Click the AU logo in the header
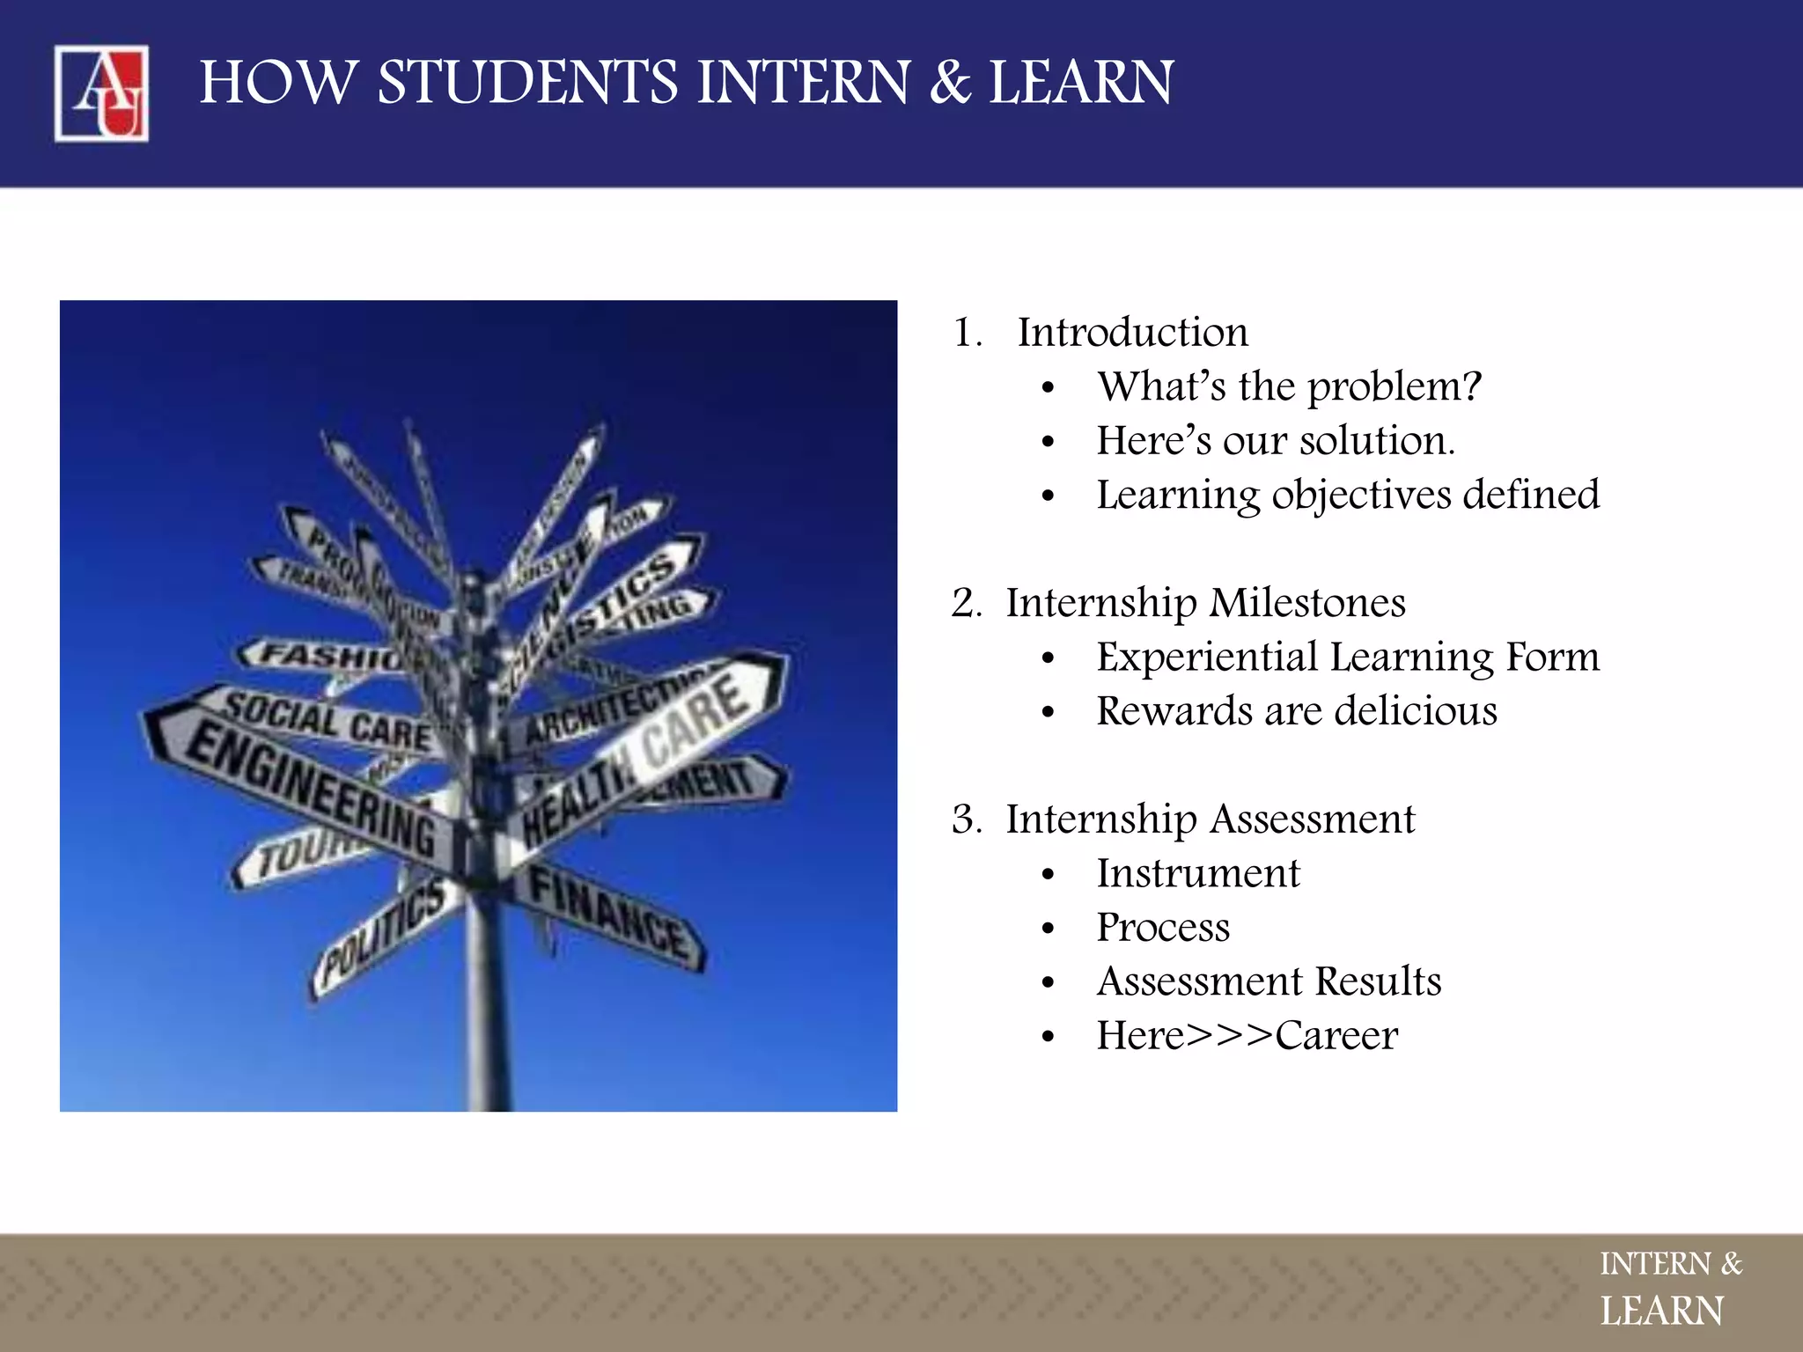(101, 93)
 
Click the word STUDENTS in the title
(527, 83)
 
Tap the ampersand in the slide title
(950, 83)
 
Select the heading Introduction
(1132, 333)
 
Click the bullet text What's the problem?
(1289, 386)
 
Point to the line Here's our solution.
(1275, 441)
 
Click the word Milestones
(1306, 603)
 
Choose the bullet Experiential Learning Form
(1347, 658)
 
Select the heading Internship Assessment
(1210, 819)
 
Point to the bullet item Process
(1162, 928)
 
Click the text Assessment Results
(1269, 981)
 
